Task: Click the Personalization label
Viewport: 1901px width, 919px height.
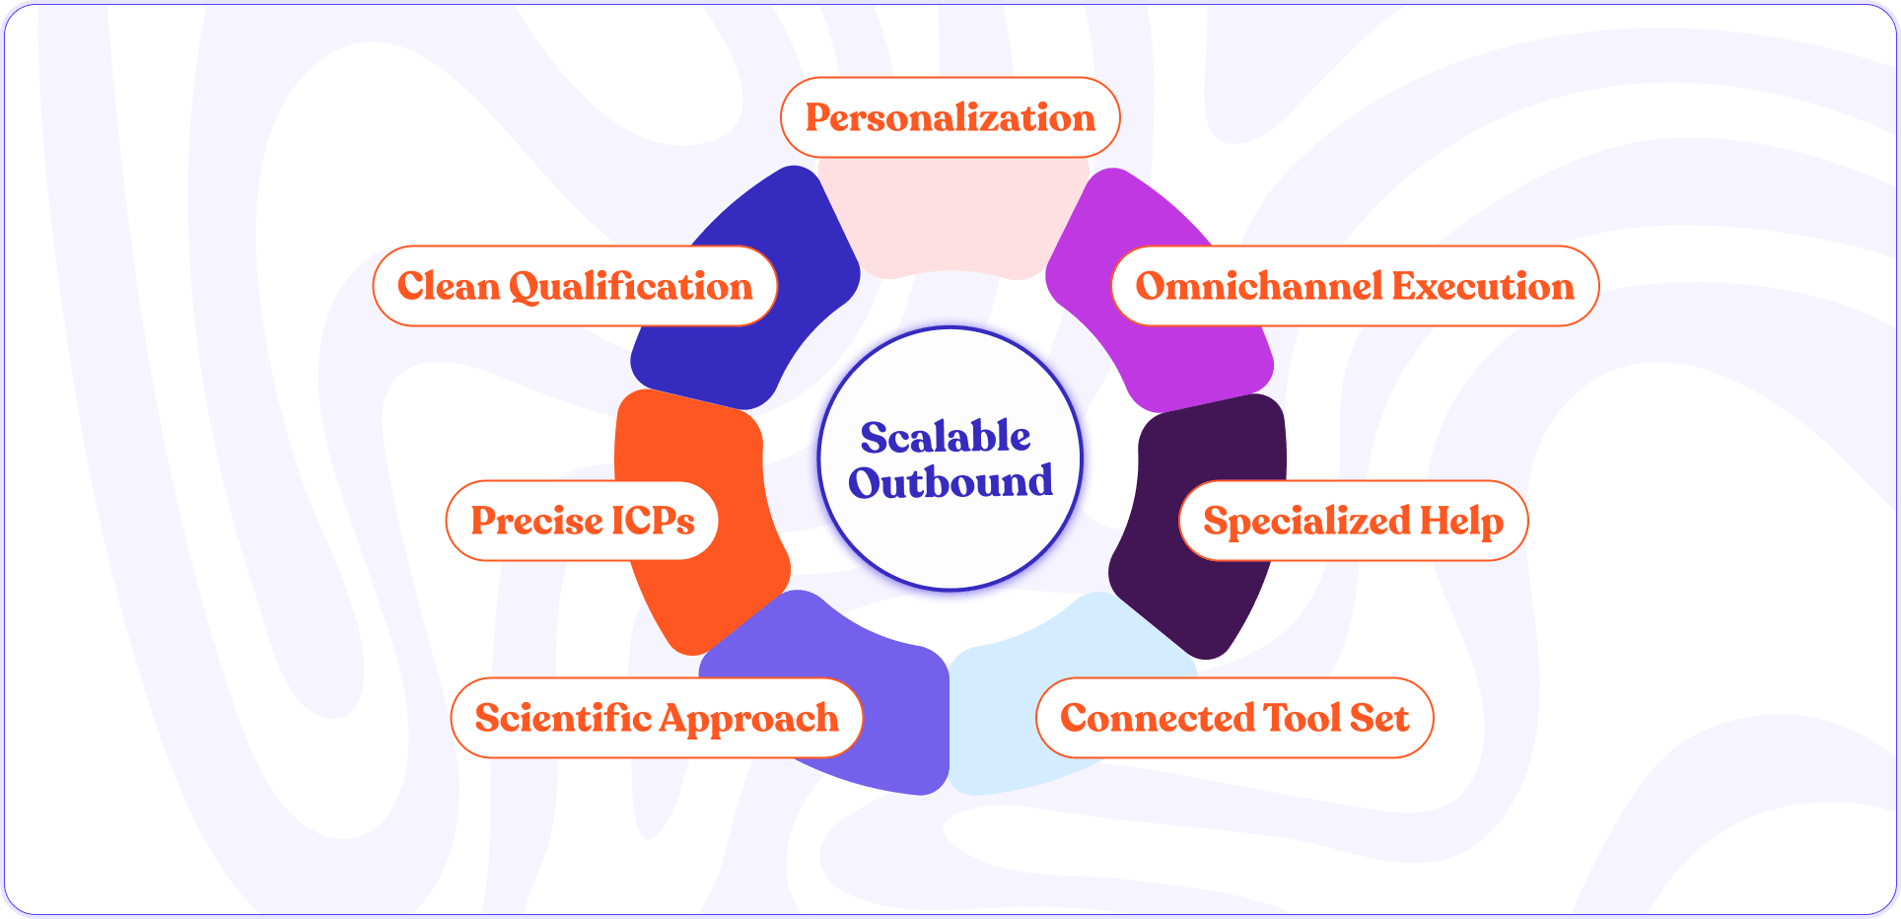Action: pos(950,117)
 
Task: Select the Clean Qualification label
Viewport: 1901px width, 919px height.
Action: pos(575,286)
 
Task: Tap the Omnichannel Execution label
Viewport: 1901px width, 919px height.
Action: pos(1355,286)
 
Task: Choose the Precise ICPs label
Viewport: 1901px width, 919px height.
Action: pos(582,521)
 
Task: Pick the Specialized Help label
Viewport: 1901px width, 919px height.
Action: pos(1353,521)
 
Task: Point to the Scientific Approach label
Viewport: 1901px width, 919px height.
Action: pos(657,718)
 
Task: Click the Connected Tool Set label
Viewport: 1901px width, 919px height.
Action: pos(1234,718)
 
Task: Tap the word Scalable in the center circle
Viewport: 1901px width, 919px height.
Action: pos(946,437)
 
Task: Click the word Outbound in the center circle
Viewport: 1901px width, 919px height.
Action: pos(950,482)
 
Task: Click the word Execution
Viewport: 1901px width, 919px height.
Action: pos(1483,286)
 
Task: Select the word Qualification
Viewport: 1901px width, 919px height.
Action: pos(631,287)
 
